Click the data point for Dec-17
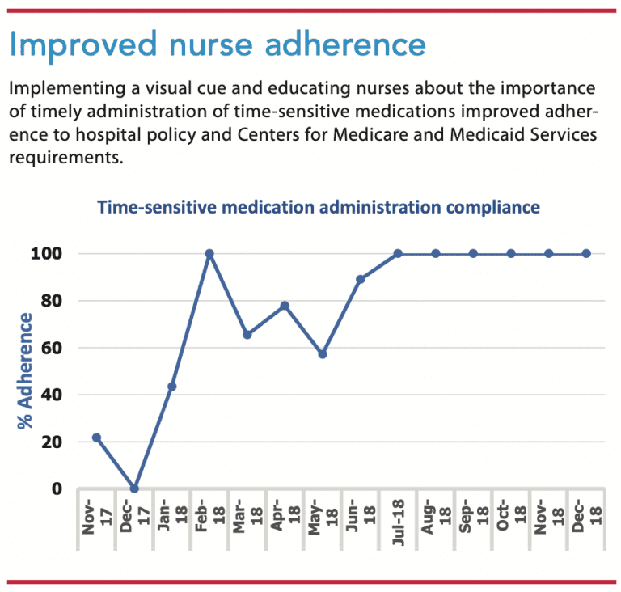click(x=134, y=488)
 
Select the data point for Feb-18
click(x=209, y=253)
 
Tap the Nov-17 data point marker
click(x=97, y=438)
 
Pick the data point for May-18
click(x=323, y=354)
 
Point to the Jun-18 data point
click(x=361, y=279)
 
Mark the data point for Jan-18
click(x=172, y=387)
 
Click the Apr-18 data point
click(x=285, y=306)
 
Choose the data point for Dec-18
click(x=586, y=253)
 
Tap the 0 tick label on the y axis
click(x=57, y=489)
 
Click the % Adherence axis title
click(x=27, y=371)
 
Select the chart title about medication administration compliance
click(x=318, y=207)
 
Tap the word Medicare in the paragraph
click(x=372, y=133)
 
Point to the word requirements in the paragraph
click(x=65, y=156)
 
